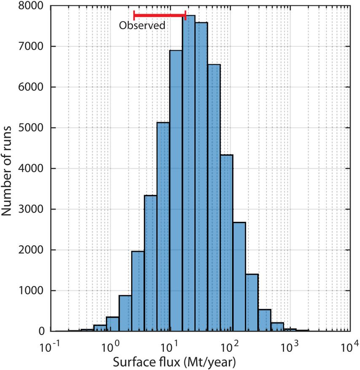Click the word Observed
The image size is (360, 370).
[x=142, y=26]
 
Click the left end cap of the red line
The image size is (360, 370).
[x=134, y=16]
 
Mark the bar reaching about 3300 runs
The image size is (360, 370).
[x=150, y=263]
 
